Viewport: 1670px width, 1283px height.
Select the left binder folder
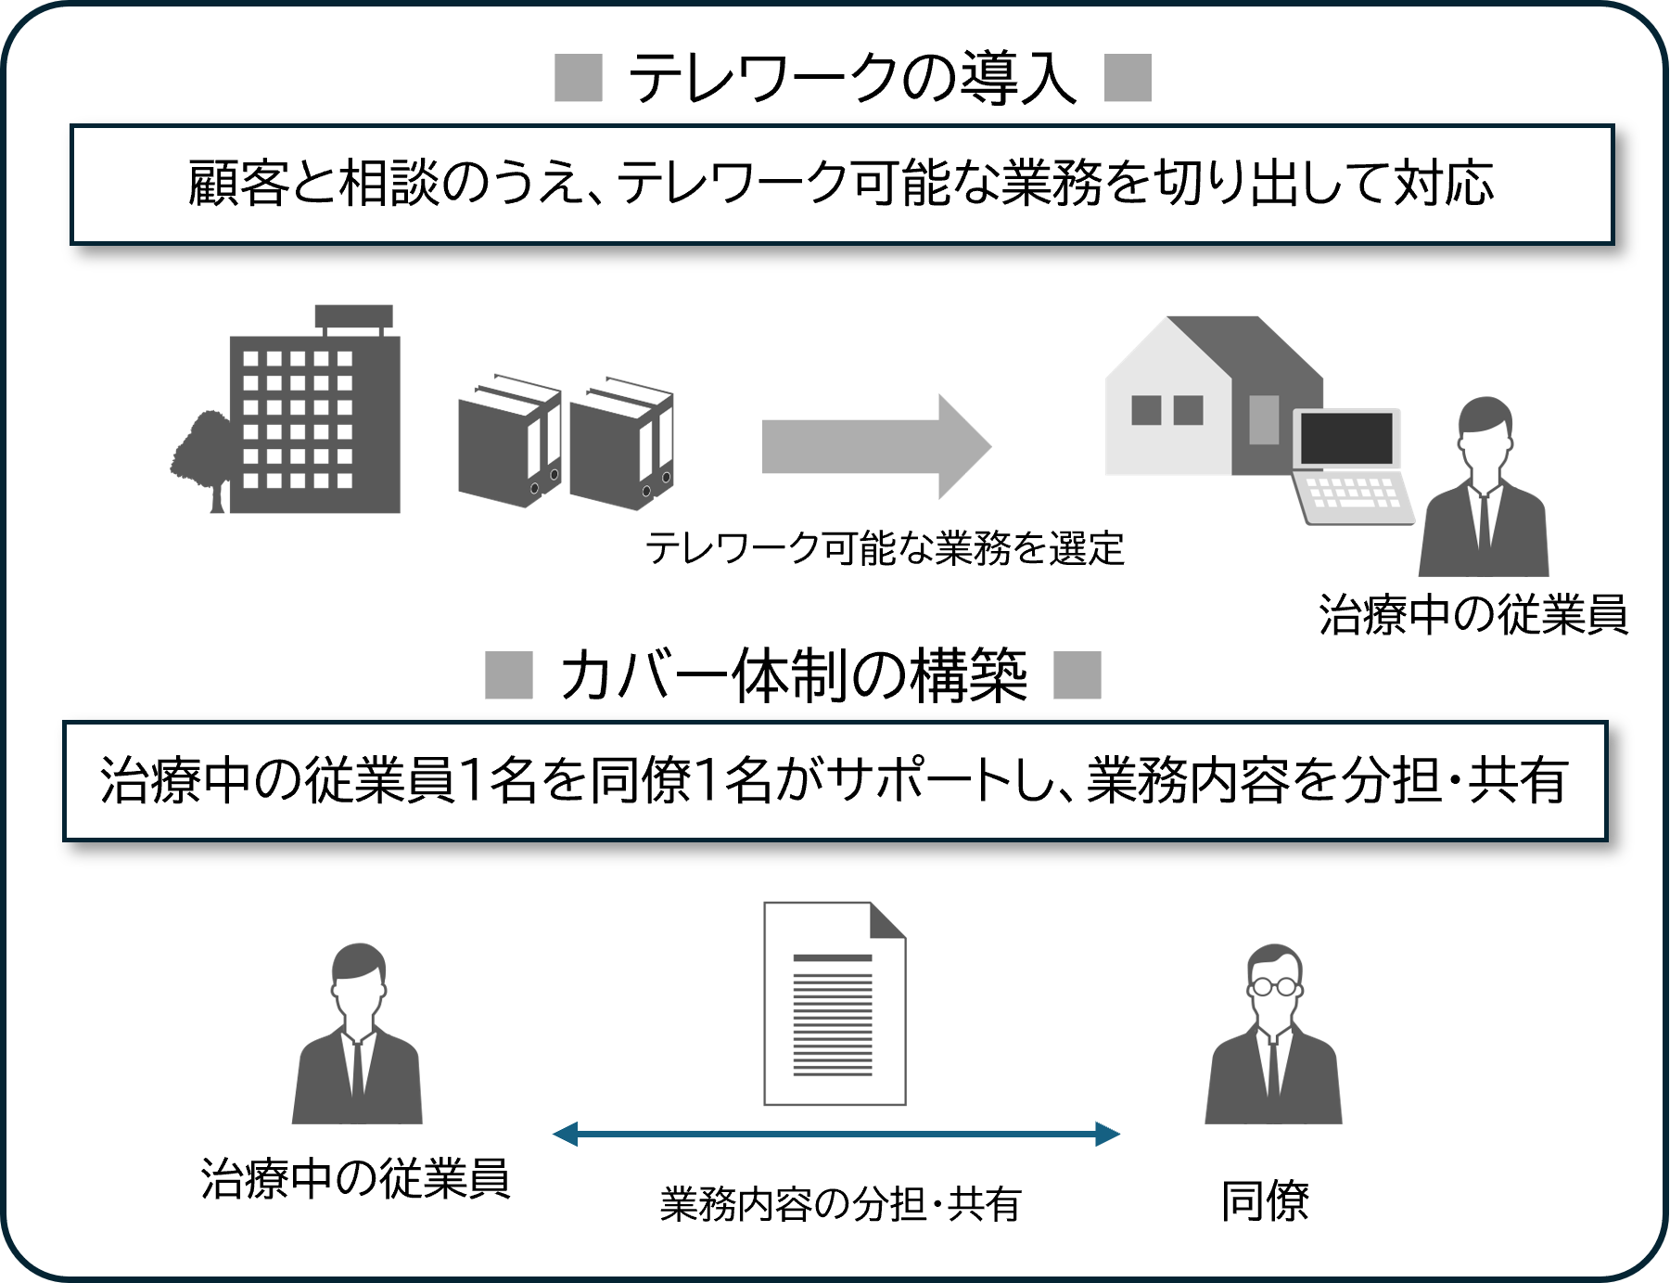(509, 441)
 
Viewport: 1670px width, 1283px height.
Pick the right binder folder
(620, 443)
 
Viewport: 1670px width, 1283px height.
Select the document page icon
(834, 1003)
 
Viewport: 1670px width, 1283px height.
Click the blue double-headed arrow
(835, 1134)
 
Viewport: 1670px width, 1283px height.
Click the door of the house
(1264, 419)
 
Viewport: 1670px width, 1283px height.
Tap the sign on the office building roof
(353, 316)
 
